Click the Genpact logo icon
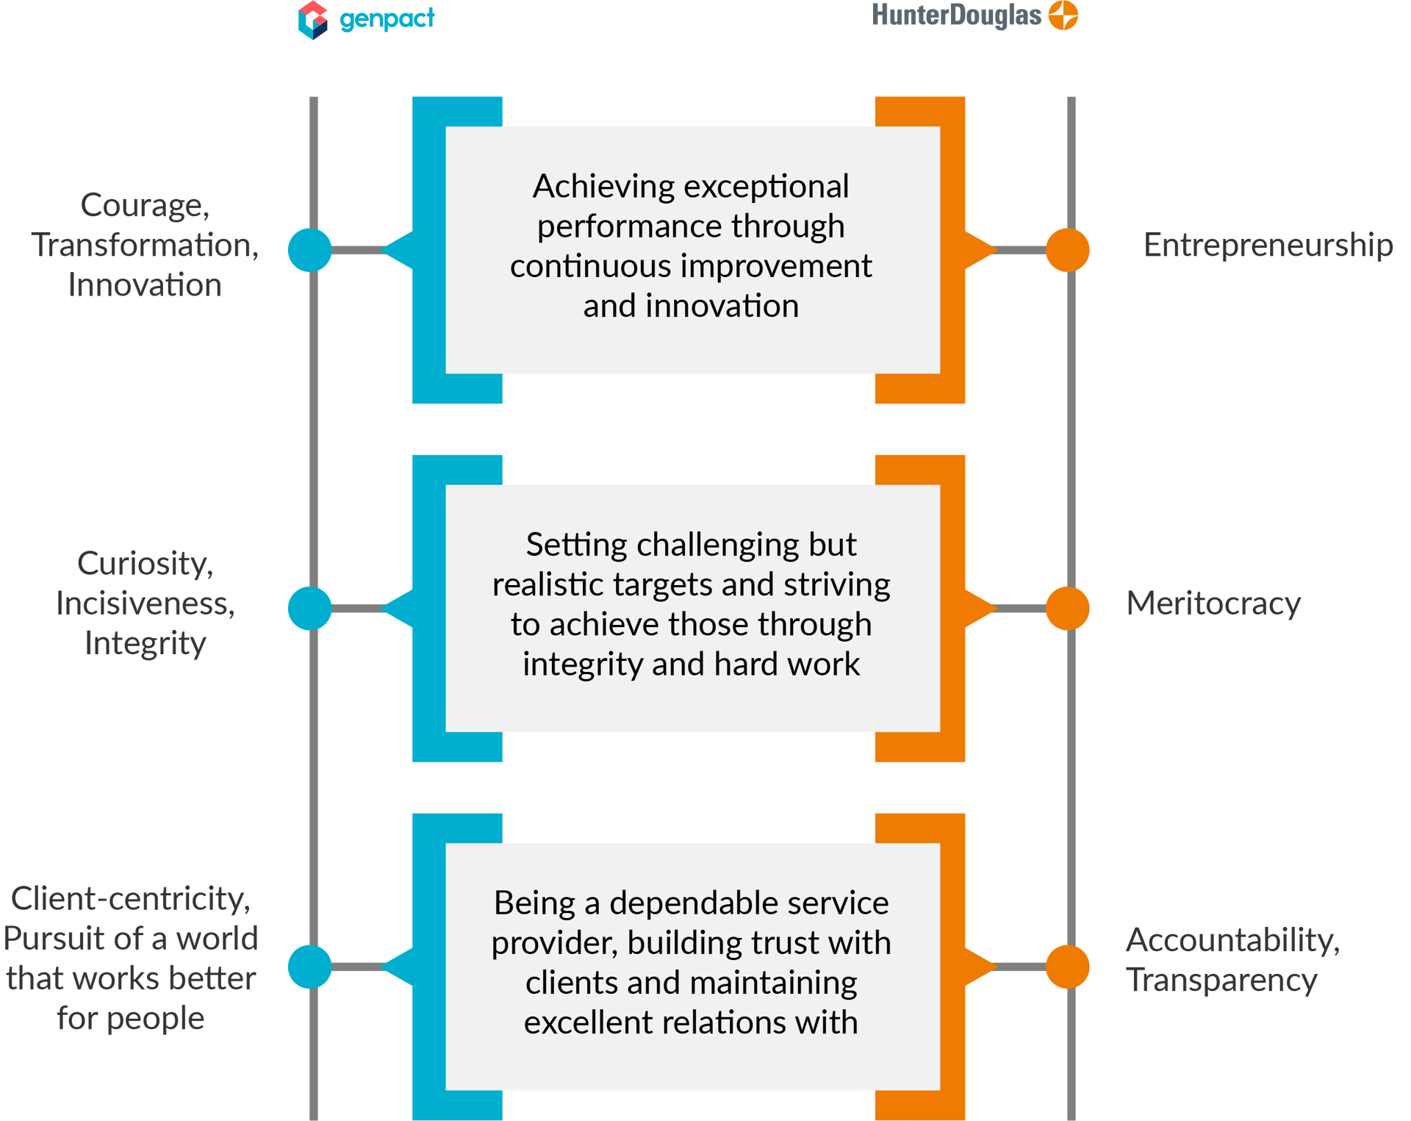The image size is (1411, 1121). pyautogui.click(x=312, y=20)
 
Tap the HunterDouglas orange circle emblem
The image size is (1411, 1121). pyautogui.click(x=1063, y=15)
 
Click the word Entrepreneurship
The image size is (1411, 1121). pyautogui.click(x=1268, y=245)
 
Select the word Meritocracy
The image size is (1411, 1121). pyautogui.click(x=1213, y=604)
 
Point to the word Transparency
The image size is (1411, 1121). pyautogui.click(x=1221, y=980)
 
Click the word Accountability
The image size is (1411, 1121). pyautogui.click(x=1232, y=940)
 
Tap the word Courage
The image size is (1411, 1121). pyautogui.click(x=144, y=205)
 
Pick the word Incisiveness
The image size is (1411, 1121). pyautogui.click(x=146, y=604)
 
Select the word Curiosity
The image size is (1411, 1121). pyautogui.click(x=145, y=564)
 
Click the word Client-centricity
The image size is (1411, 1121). pyautogui.click(x=130, y=899)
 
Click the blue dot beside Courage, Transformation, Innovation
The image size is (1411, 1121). pyautogui.click(x=309, y=250)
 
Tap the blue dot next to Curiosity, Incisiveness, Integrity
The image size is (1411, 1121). pyautogui.click(x=309, y=608)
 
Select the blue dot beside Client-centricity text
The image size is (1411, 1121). pyautogui.click(x=309, y=967)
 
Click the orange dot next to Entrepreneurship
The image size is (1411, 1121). pyautogui.click(x=1067, y=250)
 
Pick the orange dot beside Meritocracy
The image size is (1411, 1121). pyautogui.click(x=1067, y=608)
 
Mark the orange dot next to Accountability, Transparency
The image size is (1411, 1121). pyautogui.click(x=1067, y=967)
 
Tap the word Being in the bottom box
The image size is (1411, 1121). pyautogui.click(x=534, y=903)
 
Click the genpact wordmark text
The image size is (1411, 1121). pyautogui.click(x=387, y=18)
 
